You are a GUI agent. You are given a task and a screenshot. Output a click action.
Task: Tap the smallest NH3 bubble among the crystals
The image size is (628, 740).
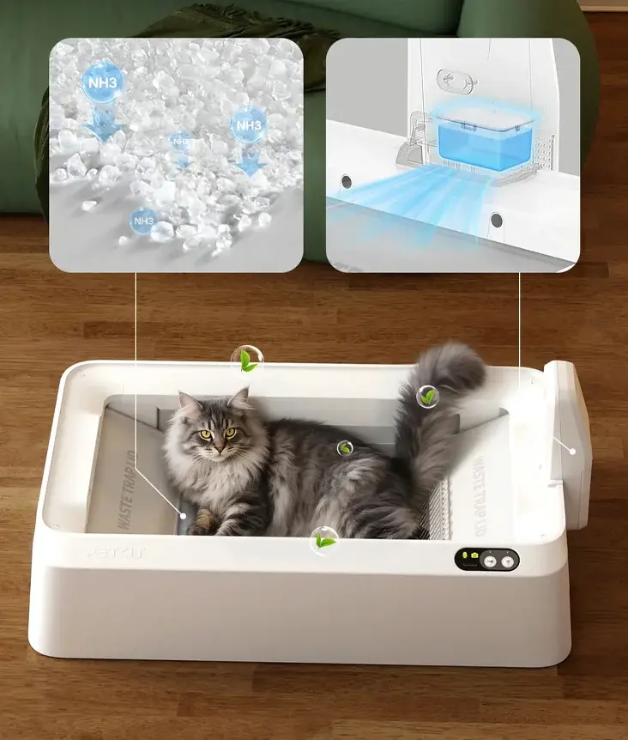(181, 141)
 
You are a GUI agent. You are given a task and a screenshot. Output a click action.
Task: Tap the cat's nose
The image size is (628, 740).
(218, 446)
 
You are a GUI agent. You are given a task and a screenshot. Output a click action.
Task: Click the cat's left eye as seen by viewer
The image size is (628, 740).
(206, 434)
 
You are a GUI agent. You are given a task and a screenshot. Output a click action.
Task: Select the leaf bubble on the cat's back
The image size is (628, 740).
(345, 447)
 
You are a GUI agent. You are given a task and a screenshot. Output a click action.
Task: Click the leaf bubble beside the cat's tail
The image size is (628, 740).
(428, 397)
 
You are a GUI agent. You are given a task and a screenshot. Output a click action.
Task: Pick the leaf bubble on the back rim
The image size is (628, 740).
(247, 360)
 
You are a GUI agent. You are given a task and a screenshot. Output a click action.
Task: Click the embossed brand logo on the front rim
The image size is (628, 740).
(116, 552)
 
